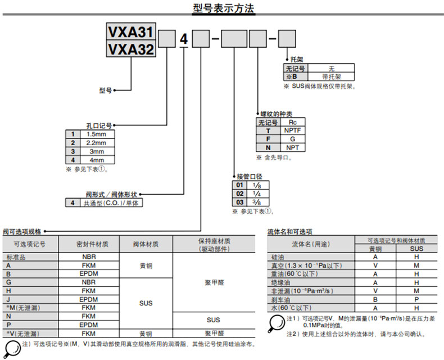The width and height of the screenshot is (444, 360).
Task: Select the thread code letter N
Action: pos(268,147)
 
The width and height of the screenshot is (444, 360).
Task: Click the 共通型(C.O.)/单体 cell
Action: pos(111,203)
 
